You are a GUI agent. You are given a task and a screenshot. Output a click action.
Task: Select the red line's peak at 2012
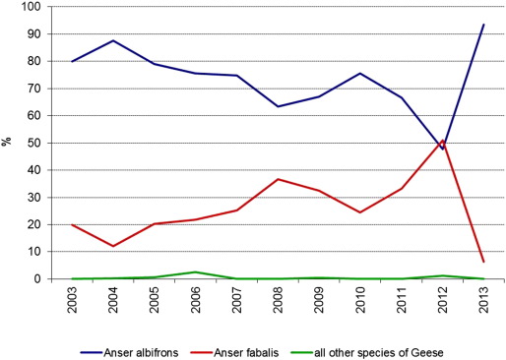coord(443,141)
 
